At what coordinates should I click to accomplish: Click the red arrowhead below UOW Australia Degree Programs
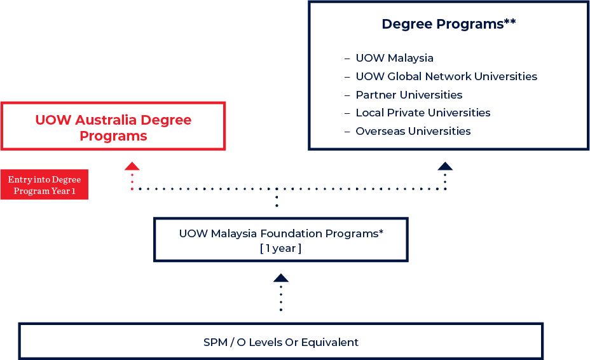coord(132,166)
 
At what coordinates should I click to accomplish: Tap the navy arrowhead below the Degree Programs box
coord(445,166)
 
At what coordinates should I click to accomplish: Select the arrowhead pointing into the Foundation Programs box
coord(280,278)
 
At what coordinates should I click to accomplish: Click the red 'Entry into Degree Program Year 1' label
coord(44,185)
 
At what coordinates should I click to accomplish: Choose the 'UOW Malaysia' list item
coord(394,58)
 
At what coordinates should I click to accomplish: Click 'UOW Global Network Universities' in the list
coord(446,76)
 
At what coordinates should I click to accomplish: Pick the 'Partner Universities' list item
coord(409,95)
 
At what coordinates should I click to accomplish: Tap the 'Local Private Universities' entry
coord(423,113)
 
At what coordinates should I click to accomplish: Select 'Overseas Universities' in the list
coord(413,131)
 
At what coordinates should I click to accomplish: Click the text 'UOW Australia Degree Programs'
coord(113,127)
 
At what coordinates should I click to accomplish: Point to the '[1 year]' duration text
coord(280,249)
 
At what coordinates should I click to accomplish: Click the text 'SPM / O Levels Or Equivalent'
coord(280,342)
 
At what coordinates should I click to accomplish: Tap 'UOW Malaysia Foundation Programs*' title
coord(280,233)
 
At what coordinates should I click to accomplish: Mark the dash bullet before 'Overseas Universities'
coord(347,132)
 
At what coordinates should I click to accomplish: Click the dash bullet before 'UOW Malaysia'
coord(347,59)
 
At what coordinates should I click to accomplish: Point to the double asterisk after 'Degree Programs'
coord(510,22)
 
